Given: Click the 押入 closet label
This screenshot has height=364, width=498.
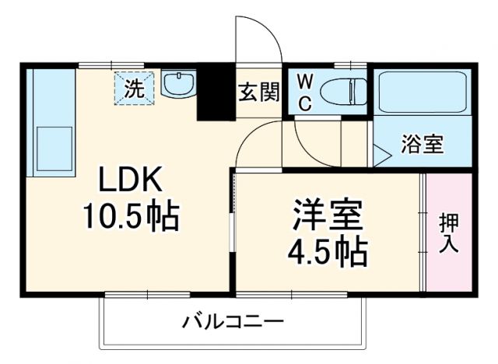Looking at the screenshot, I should point(449,234).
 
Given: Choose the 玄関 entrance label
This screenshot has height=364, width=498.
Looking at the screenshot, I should point(258,93).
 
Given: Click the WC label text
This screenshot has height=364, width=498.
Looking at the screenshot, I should point(305,93).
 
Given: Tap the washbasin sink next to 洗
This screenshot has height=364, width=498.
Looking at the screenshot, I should point(180,84).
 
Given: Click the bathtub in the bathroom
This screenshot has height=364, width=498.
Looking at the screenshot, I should point(421,95).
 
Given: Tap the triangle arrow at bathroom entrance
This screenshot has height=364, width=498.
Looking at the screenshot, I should point(381,155).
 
